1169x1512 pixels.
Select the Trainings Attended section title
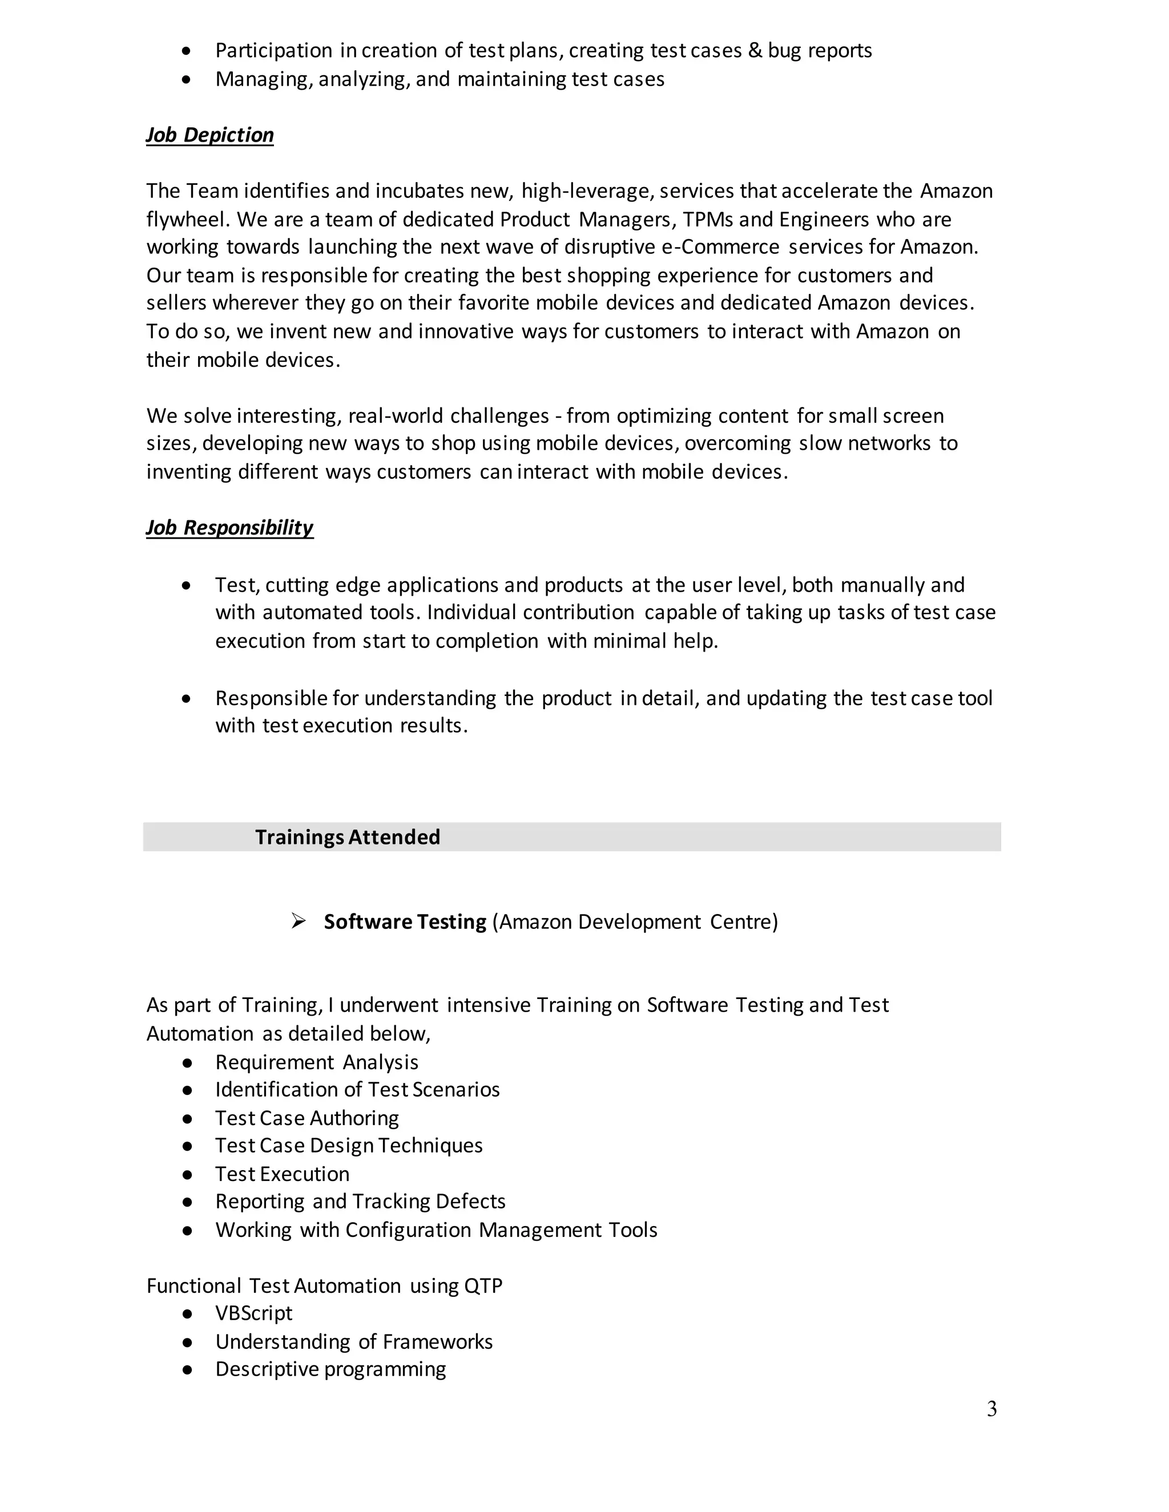[347, 837]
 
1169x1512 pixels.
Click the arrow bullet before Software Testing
[299, 921]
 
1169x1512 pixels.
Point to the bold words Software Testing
[405, 921]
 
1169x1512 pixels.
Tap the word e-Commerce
[721, 247]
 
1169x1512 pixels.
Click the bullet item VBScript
[253, 1313]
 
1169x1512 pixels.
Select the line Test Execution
[282, 1174]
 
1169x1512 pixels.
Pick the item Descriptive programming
[330, 1369]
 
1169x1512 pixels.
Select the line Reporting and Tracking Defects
[360, 1201]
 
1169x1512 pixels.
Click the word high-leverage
[586, 191]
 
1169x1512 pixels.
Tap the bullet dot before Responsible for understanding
[186, 698]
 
